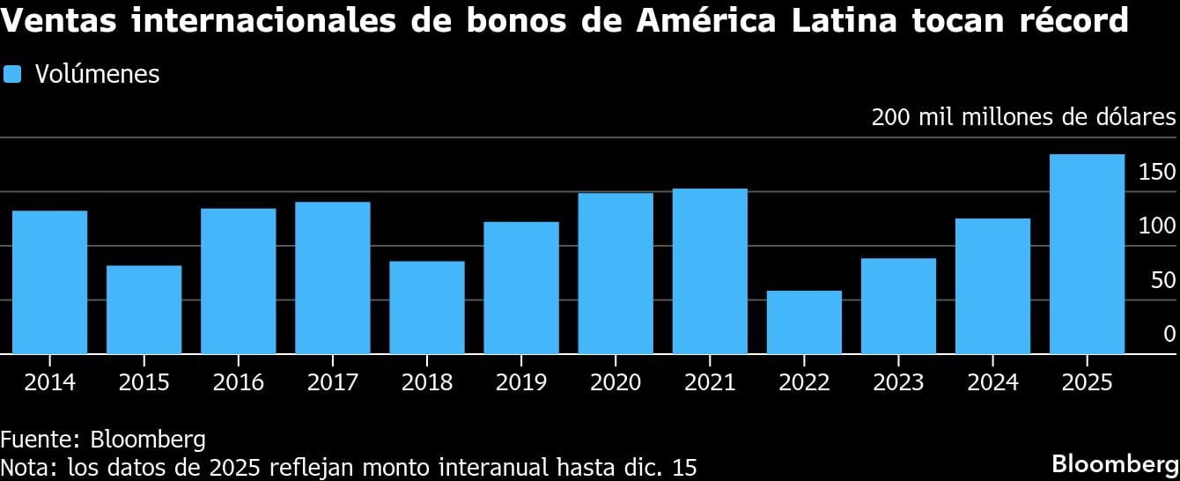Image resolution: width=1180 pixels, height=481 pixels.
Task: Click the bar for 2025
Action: (x=1087, y=255)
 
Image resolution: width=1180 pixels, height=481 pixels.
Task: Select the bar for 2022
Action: (x=804, y=322)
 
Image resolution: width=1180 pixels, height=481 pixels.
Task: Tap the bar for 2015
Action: (x=144, y=310)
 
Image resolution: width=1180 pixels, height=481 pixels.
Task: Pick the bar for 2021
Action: (x=710, y=271)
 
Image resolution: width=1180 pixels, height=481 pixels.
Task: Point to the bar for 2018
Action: (x=427, y=307)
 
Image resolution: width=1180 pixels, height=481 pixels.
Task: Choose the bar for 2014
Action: (x=49, y=282)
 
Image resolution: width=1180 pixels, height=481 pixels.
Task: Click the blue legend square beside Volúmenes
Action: (x=12, y=74)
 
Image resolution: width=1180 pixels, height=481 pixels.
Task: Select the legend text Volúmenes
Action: (x=97, y=74)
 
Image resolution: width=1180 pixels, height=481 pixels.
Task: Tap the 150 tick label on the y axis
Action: (x=1157, y=172)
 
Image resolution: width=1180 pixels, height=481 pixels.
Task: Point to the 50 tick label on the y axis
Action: (x=1163, y=280)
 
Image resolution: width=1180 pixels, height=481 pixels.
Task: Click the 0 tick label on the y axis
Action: (x=1169, y=334)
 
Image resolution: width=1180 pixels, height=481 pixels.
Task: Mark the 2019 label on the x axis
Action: (x=521, y=382)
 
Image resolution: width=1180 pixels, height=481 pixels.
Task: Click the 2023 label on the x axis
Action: (x=898, y=382)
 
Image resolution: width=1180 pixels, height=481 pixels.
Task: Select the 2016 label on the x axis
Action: (x=238, y=382)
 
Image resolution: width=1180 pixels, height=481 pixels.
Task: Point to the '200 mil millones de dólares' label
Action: (x=1023, y=117)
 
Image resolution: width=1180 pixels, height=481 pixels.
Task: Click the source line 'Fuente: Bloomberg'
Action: (x=103, y=440)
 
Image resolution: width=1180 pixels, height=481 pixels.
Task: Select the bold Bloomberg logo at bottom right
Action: (x=1116, y=463)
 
